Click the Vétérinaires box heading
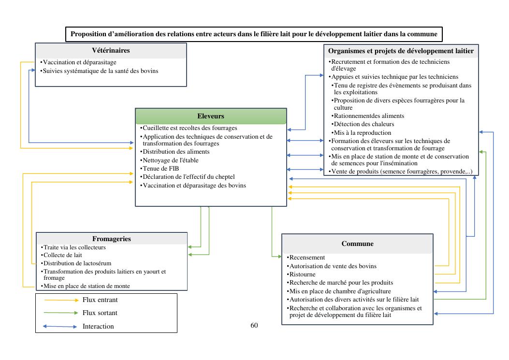point(111,51)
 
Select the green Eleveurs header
point(211,116)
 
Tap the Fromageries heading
point(112,239)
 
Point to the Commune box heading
point(357,244)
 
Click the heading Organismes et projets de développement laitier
point(401,51)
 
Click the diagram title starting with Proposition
point(254,34)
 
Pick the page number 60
point(254,325)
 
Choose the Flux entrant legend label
point(100,300)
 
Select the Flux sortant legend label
point(100,313)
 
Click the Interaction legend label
point(98,327)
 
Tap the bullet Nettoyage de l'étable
point(170,160)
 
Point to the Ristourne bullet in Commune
point(303,274)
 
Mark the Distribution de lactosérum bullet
point(77,263)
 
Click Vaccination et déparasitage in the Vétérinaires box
point(80,62)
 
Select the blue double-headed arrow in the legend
point(60,327)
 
